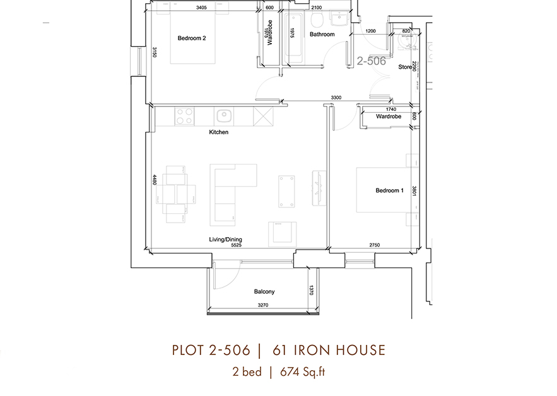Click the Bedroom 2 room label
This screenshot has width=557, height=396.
click(192, 38)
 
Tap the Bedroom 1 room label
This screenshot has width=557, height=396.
click(389, 190)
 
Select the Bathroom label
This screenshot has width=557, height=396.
click(322, 35)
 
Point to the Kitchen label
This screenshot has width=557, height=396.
click(219, 133)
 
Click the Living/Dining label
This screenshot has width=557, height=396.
click(226, 240)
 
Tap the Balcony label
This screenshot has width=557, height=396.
click(264, 292)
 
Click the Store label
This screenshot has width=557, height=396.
click(404, 67)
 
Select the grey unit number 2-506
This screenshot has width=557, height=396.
click(371, 62)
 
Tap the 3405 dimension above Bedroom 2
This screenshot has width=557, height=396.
click(202, 8)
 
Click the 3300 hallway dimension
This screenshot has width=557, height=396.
click(337, 98)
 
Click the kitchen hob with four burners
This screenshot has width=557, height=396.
click(184, 116)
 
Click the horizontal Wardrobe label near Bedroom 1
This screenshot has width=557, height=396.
click(389, 117)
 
